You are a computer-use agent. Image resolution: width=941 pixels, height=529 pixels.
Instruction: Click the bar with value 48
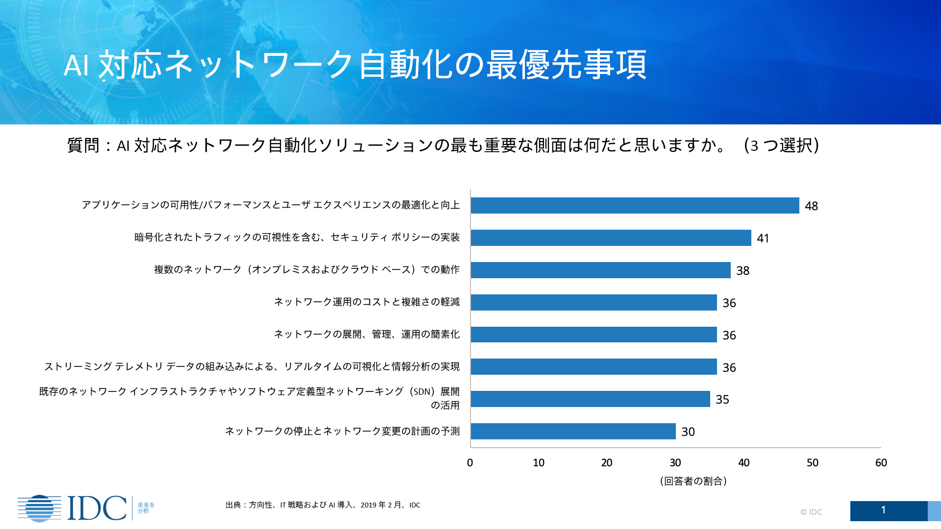(x=635, y=206)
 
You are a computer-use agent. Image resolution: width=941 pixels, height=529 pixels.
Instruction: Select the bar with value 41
(x=611, y=238)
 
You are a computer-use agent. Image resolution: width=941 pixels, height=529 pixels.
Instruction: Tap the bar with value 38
(x=600, y=270)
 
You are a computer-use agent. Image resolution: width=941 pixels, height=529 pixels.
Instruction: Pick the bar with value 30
(x=573, y=432)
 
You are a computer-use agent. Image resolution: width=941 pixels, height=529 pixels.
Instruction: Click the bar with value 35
(x=590, y=399)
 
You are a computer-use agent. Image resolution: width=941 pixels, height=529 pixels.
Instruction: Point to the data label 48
(x=811, y=206)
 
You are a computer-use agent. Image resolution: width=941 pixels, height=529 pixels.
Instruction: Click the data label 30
(x=688, y=432)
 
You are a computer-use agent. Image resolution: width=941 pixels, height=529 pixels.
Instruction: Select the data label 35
(x=722, y=400)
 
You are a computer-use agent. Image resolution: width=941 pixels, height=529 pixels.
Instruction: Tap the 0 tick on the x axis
(x=470, y=463)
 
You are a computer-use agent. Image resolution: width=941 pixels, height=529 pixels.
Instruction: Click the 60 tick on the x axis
(x=881, y=463)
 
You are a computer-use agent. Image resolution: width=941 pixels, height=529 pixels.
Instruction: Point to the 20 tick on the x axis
(x=607, y=463)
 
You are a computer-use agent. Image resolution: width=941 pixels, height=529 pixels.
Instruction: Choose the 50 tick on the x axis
(x=812, y=463)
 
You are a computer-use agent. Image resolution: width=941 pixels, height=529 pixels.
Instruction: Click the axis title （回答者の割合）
(x=693, y=481)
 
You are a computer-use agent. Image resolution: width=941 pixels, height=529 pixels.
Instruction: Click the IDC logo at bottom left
(x=74, y=508)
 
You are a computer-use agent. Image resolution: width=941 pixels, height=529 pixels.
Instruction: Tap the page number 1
(x=883, y=510)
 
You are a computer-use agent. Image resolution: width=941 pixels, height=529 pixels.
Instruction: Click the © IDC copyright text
(x=811, y=512)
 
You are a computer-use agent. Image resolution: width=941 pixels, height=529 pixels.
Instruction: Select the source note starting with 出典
(x=322, y=505)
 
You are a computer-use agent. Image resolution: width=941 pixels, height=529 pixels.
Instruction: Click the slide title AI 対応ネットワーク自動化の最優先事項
(x=355, y=65)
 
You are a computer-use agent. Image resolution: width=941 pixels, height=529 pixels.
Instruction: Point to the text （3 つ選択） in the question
(x=781, y=145)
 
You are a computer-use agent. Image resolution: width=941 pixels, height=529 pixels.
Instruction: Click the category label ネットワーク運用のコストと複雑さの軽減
(x=367, y=302)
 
